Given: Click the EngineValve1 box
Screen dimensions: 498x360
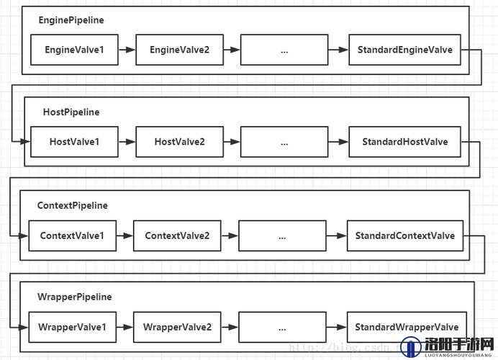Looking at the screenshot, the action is [x=74, y=50].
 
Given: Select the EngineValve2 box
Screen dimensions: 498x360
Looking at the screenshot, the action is [x=179, y=50].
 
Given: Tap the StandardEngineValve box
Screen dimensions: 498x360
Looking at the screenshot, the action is [x=404, y=50].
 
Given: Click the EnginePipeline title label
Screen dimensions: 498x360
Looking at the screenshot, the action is [x=71, y=20].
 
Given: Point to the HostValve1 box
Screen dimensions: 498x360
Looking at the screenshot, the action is [x=74, y=142].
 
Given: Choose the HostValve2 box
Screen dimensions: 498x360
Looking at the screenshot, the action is [x=179, y=142].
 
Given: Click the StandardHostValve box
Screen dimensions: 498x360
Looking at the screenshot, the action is [x=404, y=142].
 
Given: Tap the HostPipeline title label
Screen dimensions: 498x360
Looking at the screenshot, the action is [x=71, y=112].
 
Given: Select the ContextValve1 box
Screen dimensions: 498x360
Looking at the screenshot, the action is [x=73, y=235].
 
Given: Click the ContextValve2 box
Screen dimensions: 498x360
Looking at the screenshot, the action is [x=177, y=235].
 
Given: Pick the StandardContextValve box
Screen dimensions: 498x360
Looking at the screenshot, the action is [x=405, y=235].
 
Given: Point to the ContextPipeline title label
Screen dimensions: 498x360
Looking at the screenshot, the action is [x=73, y=206].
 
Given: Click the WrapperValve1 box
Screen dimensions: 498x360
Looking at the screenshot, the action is [x=73, y=328].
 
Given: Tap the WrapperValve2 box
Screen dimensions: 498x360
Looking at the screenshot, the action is [x=177, y=328].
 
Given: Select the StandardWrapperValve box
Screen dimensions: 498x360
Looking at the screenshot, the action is [x=407, y=328].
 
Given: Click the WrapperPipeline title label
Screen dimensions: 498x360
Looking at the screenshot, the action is [x=75, y=297].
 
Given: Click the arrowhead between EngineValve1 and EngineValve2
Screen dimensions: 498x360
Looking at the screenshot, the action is [x=130, y=50].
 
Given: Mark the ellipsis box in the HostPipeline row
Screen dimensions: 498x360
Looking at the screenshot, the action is [x=284, y=142].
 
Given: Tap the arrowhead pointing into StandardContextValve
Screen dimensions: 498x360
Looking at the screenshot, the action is [x=341, y=235].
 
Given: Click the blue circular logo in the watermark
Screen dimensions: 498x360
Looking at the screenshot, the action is [x=412, y=347].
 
